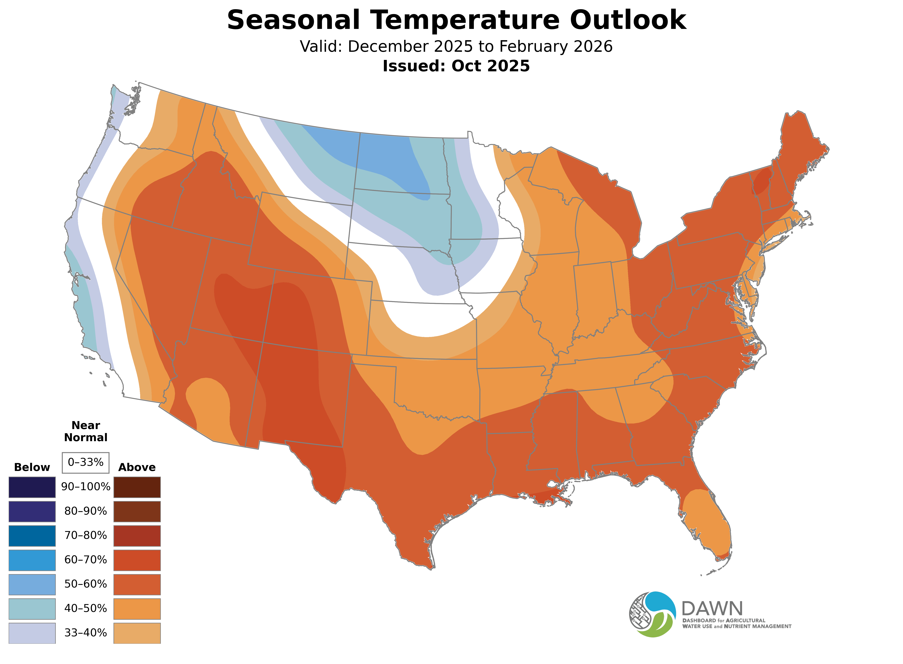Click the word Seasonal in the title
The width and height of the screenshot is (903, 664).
[x=293, y=20]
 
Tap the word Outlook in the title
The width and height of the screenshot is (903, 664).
[x=628, y=20]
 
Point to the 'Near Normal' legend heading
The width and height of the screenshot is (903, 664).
[x=85, y=431]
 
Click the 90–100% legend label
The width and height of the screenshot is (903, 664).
[x=85, y=487]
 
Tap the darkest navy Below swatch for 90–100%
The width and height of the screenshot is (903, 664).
[x=32, y=487]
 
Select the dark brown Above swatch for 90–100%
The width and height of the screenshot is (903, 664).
[x=137, y=487]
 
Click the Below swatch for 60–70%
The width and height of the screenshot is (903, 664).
[x=32, y=560]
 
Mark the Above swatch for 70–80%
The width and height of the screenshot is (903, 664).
[x=137, y=536]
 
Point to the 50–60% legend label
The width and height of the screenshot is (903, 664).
[x=85, y=584]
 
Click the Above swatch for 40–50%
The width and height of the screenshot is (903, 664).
[x=137, y=609]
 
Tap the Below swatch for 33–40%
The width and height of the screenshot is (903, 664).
[x=32, y=633]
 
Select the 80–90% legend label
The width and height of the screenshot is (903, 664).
[x=85, y=511]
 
